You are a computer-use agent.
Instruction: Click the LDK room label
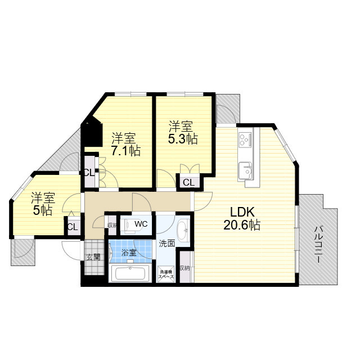(242, 212)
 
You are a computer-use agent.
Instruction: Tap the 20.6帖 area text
(242, 225)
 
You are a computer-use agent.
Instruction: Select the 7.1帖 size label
(126, 151)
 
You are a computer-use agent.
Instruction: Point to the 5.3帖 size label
(183, 139)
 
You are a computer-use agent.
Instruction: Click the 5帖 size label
(43, 210)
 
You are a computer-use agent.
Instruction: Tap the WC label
(141, 224)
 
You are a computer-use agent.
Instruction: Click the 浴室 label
(129, 253)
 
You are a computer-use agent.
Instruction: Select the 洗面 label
(167, 244)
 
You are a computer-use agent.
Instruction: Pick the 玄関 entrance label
(93, 257)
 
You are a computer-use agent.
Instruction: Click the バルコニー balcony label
(318, 244)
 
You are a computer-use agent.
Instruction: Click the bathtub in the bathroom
(130, 273)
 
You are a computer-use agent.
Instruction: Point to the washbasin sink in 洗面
(183, 230)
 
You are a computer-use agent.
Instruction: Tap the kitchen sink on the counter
(245, 170)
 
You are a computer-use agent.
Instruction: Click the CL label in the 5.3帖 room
(189, 183)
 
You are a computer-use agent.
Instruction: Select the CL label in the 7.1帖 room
(89, 173)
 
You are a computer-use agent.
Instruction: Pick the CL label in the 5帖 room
(73, 227)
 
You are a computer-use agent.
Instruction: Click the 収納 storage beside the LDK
(185, 268)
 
